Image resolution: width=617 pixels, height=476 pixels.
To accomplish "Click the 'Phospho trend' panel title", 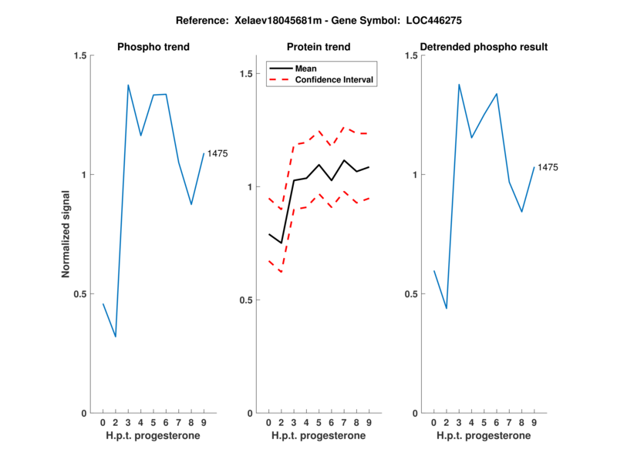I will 153,47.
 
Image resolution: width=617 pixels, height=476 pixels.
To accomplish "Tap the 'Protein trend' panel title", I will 319,47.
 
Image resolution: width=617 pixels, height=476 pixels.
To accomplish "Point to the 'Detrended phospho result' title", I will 484,47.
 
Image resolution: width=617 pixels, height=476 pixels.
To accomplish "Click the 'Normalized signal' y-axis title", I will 66,234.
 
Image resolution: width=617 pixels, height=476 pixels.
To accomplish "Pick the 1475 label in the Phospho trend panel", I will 217,154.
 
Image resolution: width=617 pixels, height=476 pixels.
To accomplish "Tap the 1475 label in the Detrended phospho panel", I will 548,167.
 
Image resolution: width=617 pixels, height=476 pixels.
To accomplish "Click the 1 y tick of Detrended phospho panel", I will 414,175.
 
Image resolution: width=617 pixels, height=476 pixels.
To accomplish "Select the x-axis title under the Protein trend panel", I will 319,436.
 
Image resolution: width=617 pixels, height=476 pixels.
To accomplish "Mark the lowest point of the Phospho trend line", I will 116,337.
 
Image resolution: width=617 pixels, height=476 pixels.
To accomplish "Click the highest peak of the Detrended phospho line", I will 459,85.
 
